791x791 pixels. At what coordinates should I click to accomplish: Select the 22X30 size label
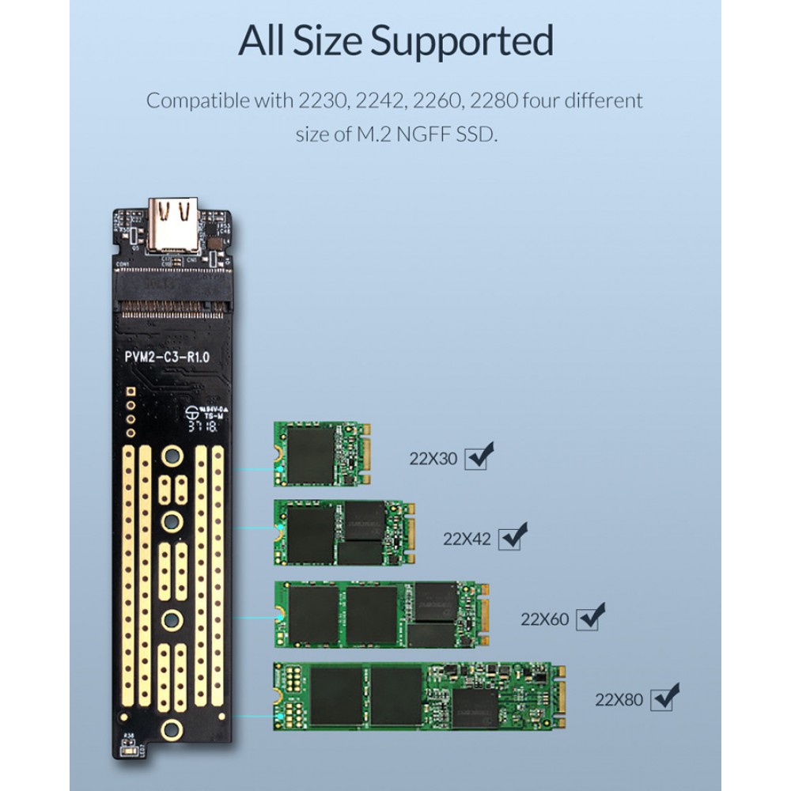[x=433, y=458]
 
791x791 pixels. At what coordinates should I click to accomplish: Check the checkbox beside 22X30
[x=476, y=457]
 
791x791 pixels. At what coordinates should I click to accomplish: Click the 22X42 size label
[x=467, y=539]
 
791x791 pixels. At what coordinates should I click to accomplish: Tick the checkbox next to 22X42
[x=509, y=539]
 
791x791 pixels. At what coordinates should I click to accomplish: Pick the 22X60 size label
[x=544, y=619]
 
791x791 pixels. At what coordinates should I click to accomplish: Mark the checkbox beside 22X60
[x=587, y=618]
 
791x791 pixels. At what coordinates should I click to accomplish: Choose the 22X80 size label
[x=619, y=699]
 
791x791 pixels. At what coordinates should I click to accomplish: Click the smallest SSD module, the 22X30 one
[x=323, y=453]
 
